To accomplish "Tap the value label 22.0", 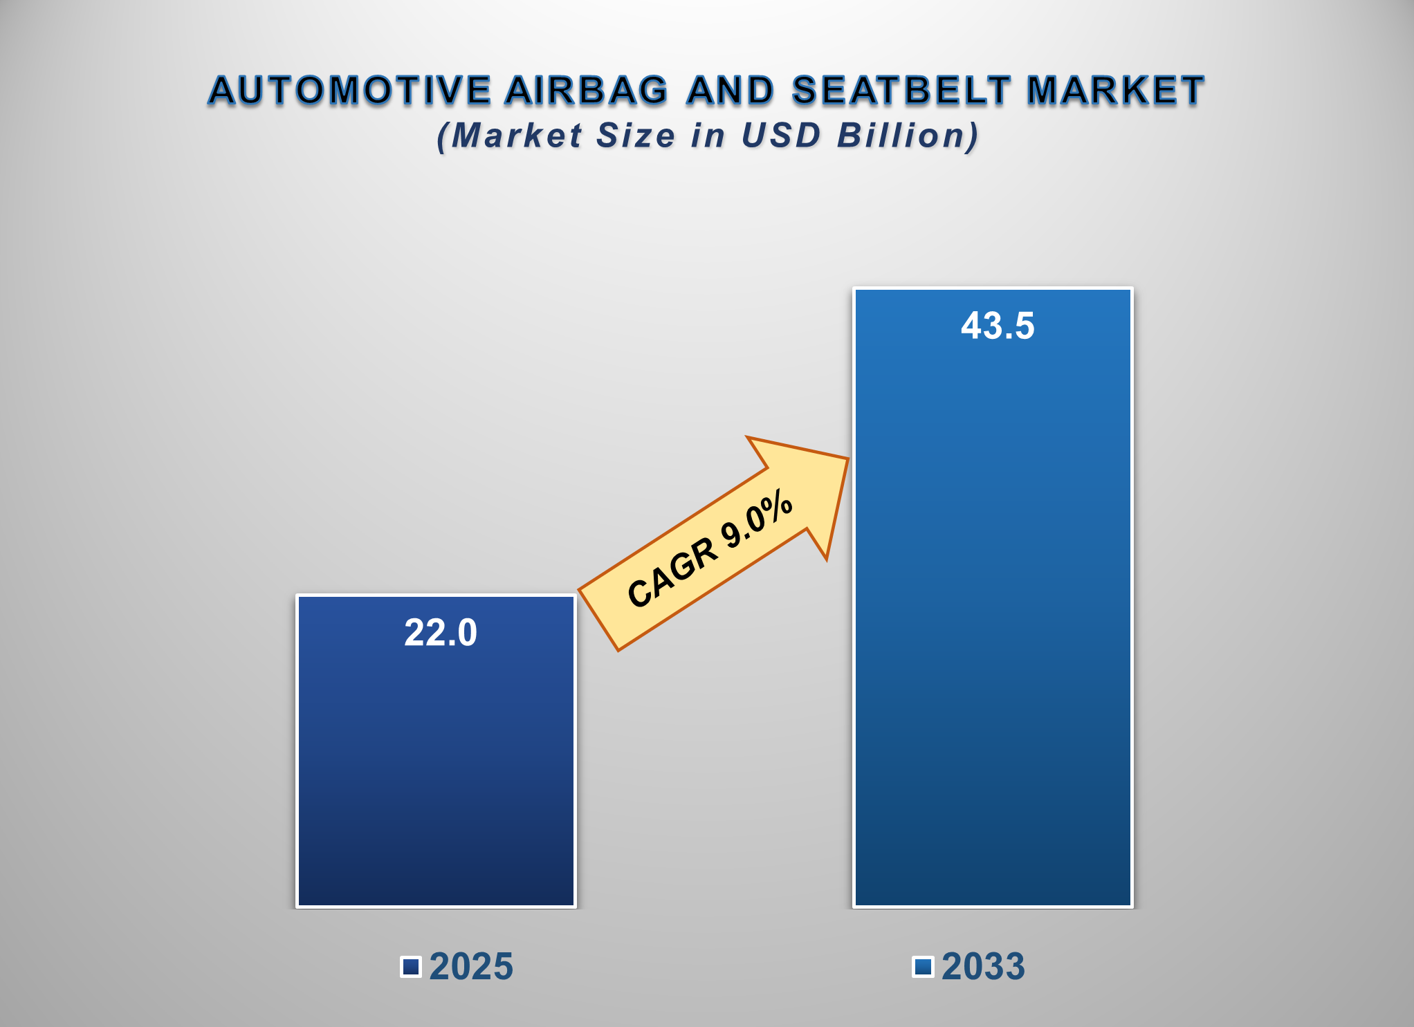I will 441,633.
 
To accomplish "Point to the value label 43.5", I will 997,326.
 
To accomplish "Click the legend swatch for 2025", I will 411,966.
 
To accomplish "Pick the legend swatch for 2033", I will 923,966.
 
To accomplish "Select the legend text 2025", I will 471,966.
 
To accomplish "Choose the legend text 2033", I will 983,966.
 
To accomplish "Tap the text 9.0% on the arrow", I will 757,519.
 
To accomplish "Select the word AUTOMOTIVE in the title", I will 350,91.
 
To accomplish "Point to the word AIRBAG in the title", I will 587,91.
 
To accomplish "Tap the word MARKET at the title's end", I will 1115,91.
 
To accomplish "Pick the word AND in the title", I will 731,91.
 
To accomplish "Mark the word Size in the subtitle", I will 636,136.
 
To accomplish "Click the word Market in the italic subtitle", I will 517,136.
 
